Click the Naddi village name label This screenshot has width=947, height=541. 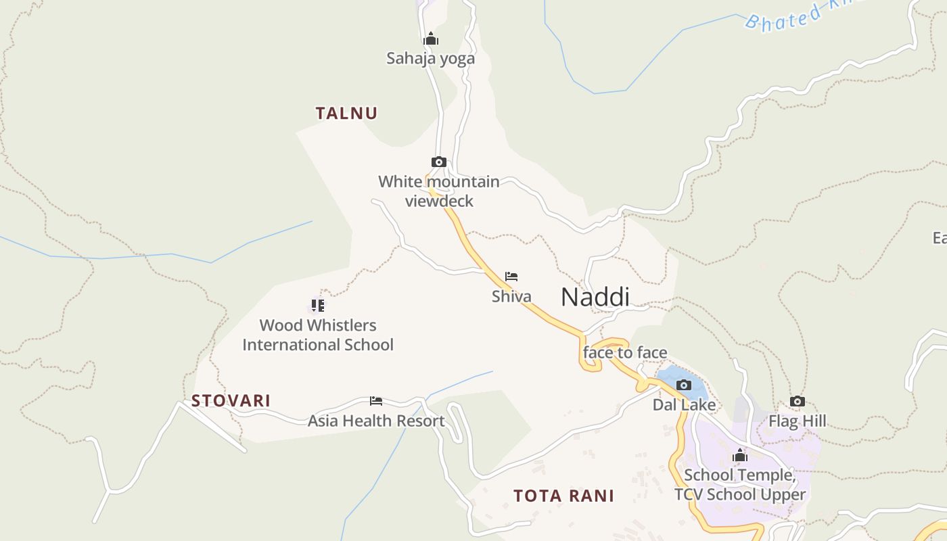pos(595,297)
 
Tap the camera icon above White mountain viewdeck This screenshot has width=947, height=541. pos(439,162)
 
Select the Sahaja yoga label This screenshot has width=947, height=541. pos(430,58)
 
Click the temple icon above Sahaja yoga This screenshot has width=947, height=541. pos(431,39)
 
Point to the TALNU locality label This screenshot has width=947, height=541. pos(346,113)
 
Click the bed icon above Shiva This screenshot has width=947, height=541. pos(511,277)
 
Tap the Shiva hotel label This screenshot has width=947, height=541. pos(511,296)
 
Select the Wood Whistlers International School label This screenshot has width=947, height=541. pos(318,335)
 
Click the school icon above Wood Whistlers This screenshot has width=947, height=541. pos(317,306)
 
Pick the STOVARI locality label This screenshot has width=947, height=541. pos(231,400)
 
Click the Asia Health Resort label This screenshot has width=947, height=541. pos(376,421)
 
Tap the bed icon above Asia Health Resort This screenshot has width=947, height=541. pos(376,401)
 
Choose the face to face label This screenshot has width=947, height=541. pos(625,352)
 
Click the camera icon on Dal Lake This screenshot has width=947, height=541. pos(684,385)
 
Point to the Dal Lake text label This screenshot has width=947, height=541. pos(684,404)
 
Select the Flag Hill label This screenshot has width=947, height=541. pos(797,421)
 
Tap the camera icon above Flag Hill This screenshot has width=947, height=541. pos(798,402)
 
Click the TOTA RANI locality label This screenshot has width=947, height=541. pos(563,496)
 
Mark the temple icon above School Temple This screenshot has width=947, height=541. pos(740,456)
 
